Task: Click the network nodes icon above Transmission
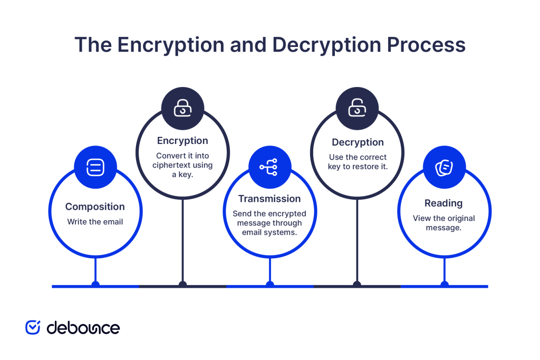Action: [x=269, y=167]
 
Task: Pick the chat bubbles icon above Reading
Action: [x=443, y=168]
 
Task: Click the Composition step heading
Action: [x=95, y=207]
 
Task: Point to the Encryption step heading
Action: [x=182, y=141]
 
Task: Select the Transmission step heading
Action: [x=269, y=199]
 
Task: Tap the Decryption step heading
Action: [x=358, y=142]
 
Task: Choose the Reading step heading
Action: [x=443, y=203]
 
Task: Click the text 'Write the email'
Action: [x=95, y=222]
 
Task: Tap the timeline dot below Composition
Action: [x=95, y=285]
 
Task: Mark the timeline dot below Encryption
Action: [x=182, y=285]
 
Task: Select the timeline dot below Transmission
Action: [x=270, y=285]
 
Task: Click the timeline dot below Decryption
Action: [x=357, y=285]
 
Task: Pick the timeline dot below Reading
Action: [x=445, y=285]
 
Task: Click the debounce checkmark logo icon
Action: [x=33, y=327]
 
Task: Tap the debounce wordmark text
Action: [x=83, y=327]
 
